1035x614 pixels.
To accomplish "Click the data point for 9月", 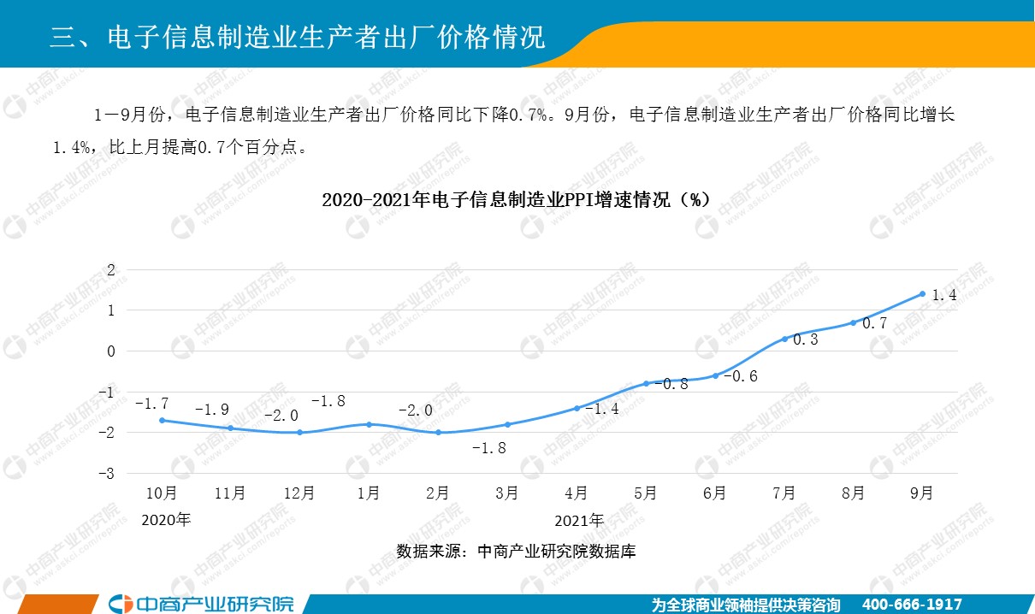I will tap(922, 294).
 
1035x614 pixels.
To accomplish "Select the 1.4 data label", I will tap(943, 296).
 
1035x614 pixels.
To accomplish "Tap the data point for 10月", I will tap(162, 420).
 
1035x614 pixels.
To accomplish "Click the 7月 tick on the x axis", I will tap(784, 493).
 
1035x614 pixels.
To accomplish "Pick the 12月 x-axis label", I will tap(299, 493).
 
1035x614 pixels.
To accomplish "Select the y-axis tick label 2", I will tap(110, 270).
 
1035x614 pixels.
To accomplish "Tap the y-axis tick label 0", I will tap(110, 351).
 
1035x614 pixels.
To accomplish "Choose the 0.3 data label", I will tap(806, 339).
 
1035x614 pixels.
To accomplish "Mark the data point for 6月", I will tap(715, 375).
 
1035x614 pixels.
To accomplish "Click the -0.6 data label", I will tap(741, 376).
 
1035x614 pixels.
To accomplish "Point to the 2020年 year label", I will tap(166, 519).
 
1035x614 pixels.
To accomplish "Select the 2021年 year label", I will tap(579, 519).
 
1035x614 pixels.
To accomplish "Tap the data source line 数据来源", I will tap(516, 552).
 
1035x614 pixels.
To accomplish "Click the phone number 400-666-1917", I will tap(913, 604).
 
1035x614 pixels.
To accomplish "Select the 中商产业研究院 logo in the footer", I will tap(204, 603).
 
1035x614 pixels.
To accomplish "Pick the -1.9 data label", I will tap(211, 410).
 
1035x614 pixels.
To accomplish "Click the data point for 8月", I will tap(853, 322).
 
